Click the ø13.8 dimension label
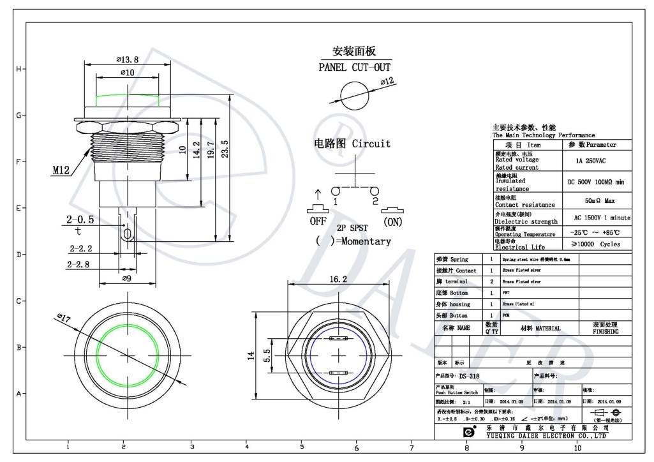[x=128, y=59]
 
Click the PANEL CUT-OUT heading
[x=355, y=67]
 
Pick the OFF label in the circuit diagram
[x=318, y=221]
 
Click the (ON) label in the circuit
[x=392, y=222]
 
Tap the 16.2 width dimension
[x=339, y=279]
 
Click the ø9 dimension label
[x=126, y=278]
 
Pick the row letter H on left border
[x=19, y=69]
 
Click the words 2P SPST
[x=353, y=227]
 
